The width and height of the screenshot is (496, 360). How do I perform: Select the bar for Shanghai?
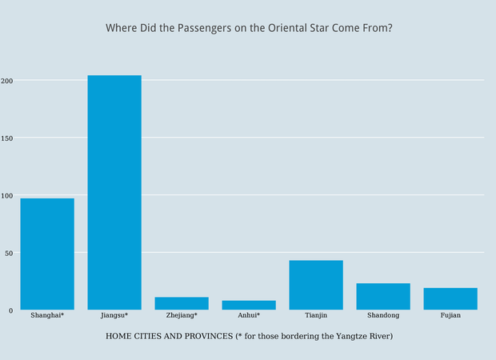click(47, 254)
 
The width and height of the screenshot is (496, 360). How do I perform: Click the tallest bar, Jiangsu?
click(114, 192)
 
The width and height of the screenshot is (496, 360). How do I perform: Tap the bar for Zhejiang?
click(182, 303)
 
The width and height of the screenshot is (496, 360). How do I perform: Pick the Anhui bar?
click(249, 305)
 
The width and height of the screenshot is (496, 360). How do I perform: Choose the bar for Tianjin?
click(316, 285)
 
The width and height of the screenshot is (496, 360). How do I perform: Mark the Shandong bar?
click(383, 296)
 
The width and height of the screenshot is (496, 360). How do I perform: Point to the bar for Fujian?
click(450, 298)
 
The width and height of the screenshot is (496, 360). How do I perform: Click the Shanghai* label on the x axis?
click(47, 316)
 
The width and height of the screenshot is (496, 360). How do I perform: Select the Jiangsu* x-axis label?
click(114, 316)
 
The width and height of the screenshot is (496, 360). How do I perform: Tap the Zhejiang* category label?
click(182, 316)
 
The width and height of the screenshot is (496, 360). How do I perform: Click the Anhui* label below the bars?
click(249, 316)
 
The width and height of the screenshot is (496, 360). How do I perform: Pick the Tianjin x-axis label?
click(316, 316)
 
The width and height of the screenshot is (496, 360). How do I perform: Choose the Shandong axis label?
click(383, 316)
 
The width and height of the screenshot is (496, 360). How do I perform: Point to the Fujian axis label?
click(450, 316)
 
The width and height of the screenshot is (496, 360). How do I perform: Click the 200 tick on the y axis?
click(7, 81)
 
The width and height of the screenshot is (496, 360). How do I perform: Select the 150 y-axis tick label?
click(7, 138)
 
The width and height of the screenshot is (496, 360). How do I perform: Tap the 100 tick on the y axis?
click(7, 195)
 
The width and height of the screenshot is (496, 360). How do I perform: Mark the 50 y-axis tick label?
click(9, 253)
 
